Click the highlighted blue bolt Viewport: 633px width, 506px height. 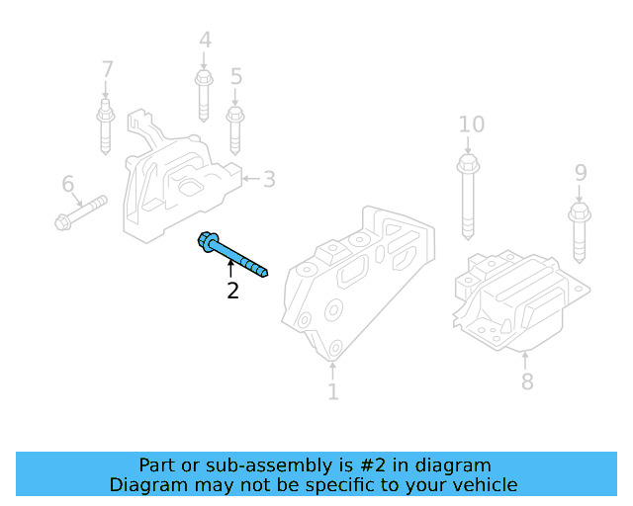pyautogui.click(x=234, y=255)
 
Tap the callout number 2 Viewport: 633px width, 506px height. pyautogui.click(x=232, y=291)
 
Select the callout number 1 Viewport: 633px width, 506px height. pyautogui.click(x=332, y=392)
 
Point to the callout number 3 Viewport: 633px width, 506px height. pyautogui.click(x=268, y=179)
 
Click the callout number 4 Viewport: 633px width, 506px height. pyautogui.click(x=205, y=41)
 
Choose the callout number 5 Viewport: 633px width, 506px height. pyautogui.click(x=235, y=76)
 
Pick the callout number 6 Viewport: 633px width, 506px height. pyautogui.click(x=67, y=184)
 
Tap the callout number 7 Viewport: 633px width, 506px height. pyautogui.click(x=107, y=70)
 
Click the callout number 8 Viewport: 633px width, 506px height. pyautogui.click(x=526, y=380)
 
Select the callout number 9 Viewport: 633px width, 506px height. pyautogui.click(x=581, y=174)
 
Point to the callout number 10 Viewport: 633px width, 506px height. pyautogui.click(x=472, y=125)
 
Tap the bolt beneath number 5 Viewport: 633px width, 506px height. pyautogui.click(x=235, y=126)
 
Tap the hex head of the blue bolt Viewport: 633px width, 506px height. pyautogui.click(x=210, y=241)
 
